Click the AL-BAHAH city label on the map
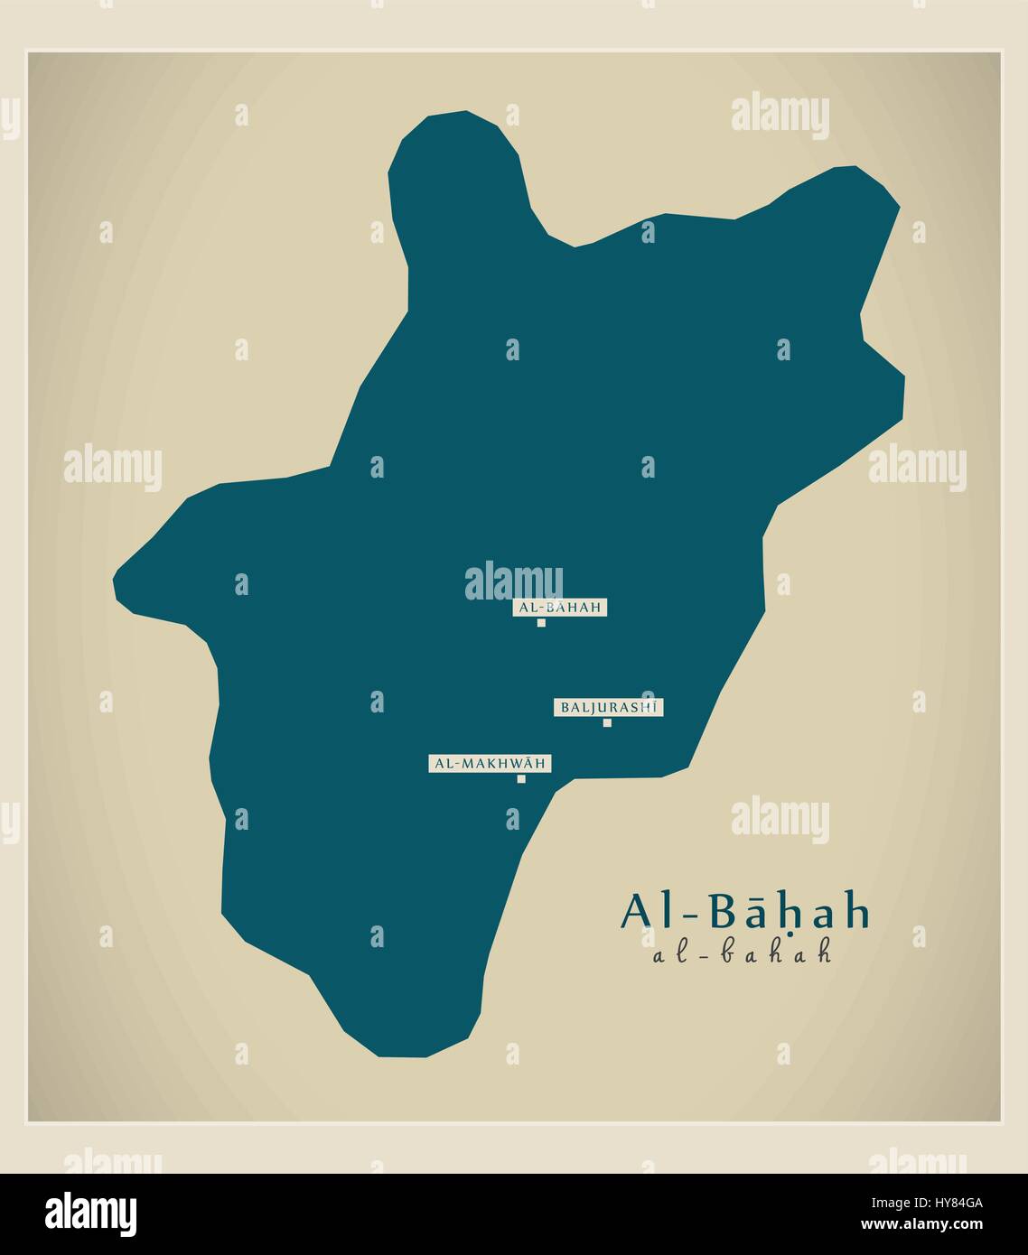(x=560, y=608)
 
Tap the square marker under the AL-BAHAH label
(x=541, y=623)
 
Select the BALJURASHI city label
(x=609, y=708)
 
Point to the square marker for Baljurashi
(x=607, y=722)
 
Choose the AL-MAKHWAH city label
(x=490, y=764)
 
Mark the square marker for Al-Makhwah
(x=521, y=779)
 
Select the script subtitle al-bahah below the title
(x=741, y=953)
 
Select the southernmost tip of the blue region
(x=402, y=1055)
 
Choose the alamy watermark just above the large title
(x=780, y=819)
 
